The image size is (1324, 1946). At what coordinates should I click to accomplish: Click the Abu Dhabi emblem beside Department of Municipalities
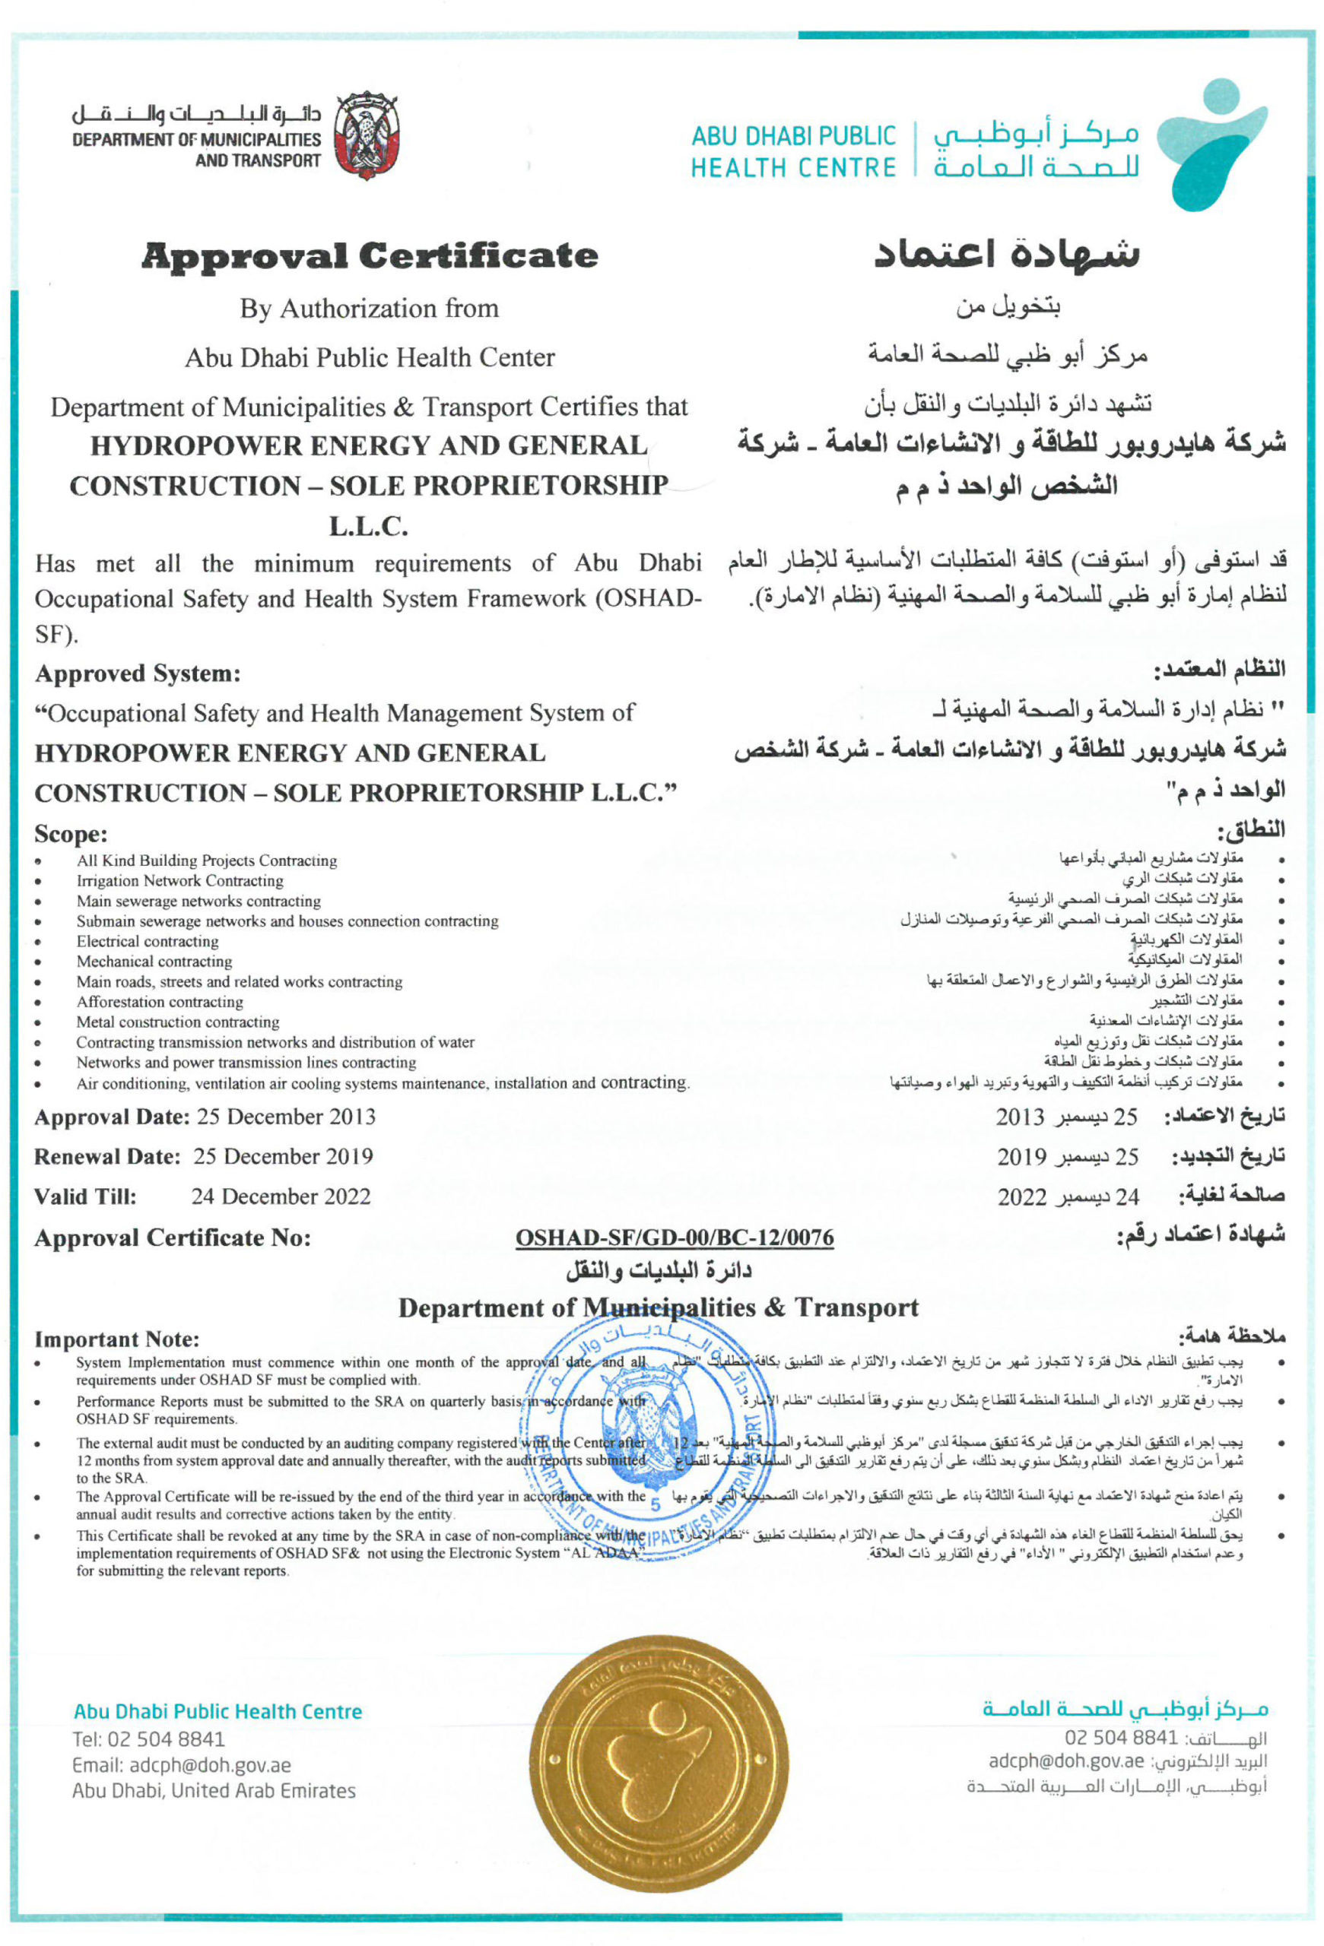pyautogui.click(x=366, y=135)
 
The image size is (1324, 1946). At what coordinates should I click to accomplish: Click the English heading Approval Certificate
pyautogui.click(x=370, y=255)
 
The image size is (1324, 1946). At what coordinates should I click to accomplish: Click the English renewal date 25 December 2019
pyautogui.click(x=283, y=1156)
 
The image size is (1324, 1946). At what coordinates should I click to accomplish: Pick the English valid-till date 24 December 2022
pyautogui.click(x=281, y=1196)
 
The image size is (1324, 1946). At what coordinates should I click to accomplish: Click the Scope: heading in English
pyautogui.click(x=71, y=834)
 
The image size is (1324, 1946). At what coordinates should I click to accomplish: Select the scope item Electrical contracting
pyautogui.click(x=148, y=941)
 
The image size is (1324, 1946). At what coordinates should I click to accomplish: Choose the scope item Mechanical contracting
pyautogui.click(x=154, y=962)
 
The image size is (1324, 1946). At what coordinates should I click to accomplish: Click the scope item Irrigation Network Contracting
pyautogui.click(x=180, y=880)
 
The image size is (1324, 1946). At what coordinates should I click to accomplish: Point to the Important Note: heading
pyautogui.click(x=117, y=1339)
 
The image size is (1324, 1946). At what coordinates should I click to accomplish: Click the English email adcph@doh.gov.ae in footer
pyautogui.click(x=182, y=1765)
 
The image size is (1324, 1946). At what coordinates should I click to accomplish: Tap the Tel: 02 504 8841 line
pyautogui.click(x=148, y=1738)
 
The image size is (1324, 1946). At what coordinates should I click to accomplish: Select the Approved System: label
pyautogui.click(x=138, y=673)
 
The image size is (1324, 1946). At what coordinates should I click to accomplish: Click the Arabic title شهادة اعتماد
pyautogui.click(x=1007, y=254)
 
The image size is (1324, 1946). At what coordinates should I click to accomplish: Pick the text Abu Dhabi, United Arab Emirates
pyautogui.click(x=214, y=1791)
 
